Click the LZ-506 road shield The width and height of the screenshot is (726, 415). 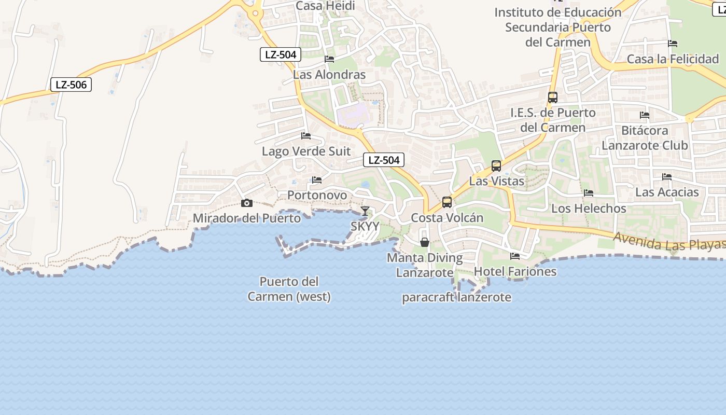[71, 85]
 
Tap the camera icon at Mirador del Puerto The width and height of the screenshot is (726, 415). [247, 203]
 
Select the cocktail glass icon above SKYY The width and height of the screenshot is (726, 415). [365, 211]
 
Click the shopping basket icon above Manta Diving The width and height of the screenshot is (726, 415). [425, 242]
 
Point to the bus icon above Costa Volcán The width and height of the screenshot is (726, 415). [447, 202]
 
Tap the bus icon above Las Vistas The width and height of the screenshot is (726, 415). [496, 166]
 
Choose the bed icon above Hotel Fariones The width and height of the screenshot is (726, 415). [515, 256]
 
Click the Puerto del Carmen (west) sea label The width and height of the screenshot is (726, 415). [289, 289]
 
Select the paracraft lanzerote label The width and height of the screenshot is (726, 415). [457, 297]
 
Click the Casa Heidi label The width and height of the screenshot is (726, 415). [325, 6]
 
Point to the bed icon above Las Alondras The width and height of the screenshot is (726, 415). [329, 59]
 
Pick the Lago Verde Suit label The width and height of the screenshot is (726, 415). [306, 151]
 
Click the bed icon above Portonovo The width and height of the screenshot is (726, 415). [317, 180]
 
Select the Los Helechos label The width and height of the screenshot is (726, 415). [589, 209]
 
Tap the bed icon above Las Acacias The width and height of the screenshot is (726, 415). [667, 177]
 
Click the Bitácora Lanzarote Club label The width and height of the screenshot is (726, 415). [645, 137]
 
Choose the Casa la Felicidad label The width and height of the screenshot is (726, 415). [673, 59]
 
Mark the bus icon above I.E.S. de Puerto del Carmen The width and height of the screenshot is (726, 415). [553, 97]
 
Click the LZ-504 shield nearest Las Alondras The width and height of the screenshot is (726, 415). [281, 54]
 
